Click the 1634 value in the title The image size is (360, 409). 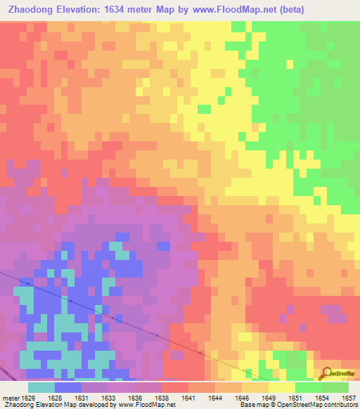[x=128, y=10]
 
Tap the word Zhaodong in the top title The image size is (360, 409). [x=29, y=10]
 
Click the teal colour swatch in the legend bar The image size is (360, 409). [x=41, y=387]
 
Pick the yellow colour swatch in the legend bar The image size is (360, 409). [x=282, y=387]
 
